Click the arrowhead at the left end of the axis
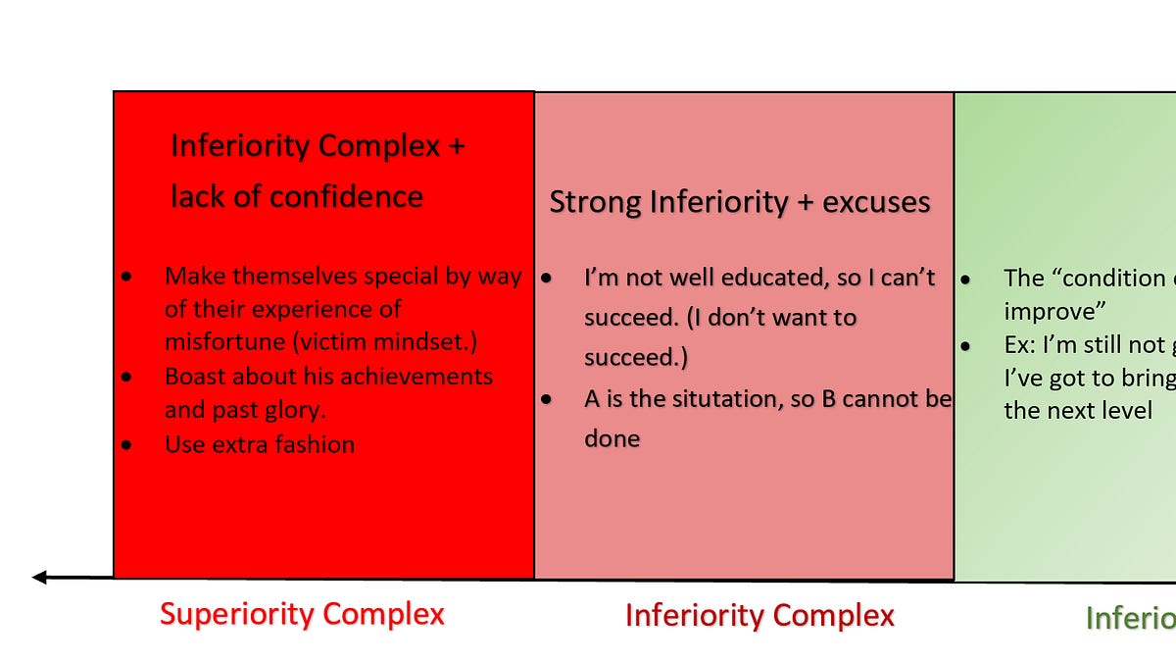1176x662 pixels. point(39,577)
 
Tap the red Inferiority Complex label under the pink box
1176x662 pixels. point(759,616)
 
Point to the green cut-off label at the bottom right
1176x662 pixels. point(1130,618)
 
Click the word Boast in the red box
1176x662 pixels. point(197,377)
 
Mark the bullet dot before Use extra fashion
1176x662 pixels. point(127,445)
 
